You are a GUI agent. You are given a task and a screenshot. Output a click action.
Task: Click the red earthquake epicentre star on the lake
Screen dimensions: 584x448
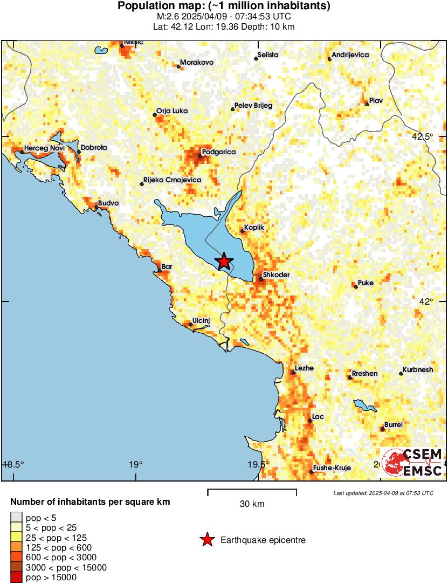tap(224, 262)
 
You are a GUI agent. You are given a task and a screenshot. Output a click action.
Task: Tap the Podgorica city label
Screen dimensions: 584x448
tap(219, 152)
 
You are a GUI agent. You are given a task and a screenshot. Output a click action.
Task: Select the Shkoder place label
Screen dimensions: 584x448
tap(276, 275)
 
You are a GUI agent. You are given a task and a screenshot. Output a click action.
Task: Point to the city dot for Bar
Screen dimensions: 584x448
tap(160, 271)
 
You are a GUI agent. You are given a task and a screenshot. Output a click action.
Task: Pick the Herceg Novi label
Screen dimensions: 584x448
tap(41, 148)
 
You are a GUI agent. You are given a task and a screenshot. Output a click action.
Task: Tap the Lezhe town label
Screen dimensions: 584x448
tap(305, 368)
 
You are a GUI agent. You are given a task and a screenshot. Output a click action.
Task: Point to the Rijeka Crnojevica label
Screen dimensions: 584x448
tap(172, 180)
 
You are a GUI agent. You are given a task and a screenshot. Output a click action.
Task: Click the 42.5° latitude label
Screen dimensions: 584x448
tap(422, 136)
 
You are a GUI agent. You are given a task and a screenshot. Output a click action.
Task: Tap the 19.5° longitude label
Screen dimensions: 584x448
tap(258, 465)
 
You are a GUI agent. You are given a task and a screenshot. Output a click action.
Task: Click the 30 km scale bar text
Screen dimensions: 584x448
tap(252, 504)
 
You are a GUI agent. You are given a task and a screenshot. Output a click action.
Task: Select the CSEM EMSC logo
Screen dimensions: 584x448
tap(412, 463)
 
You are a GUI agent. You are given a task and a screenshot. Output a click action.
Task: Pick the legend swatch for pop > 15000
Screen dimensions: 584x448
tap(16, 578)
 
